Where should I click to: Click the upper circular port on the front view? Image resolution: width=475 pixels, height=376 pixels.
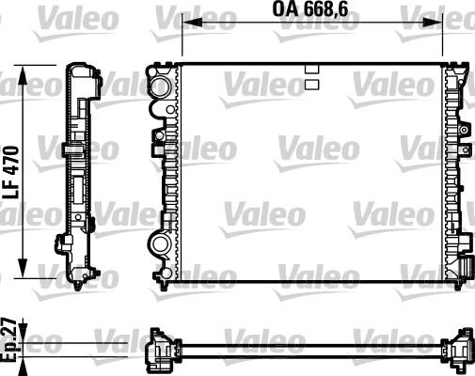tap(159, 87)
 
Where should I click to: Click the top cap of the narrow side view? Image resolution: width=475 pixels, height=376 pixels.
tap(81, 71)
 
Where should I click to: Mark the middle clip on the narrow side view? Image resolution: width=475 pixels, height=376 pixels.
tap(70, 149)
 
